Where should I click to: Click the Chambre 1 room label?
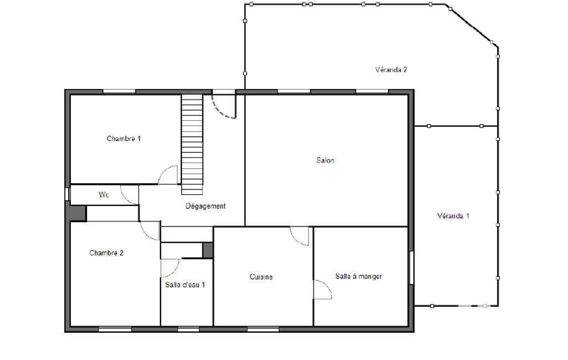(124, 138)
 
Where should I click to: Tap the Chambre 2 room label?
(106, 253)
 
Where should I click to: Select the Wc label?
(104, 195)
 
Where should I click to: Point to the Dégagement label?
(206, 206)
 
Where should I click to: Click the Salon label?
(325, 160)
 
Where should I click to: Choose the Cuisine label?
(261, 277)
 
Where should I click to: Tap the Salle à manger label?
(359, 276)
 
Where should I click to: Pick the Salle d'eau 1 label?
(185, 285)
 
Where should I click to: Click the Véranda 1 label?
(453, 216)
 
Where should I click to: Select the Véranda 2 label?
(391, 70)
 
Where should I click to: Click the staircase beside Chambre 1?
(192, 145)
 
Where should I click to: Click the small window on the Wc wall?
(67, 194)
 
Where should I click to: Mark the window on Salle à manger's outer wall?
(412, 268)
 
